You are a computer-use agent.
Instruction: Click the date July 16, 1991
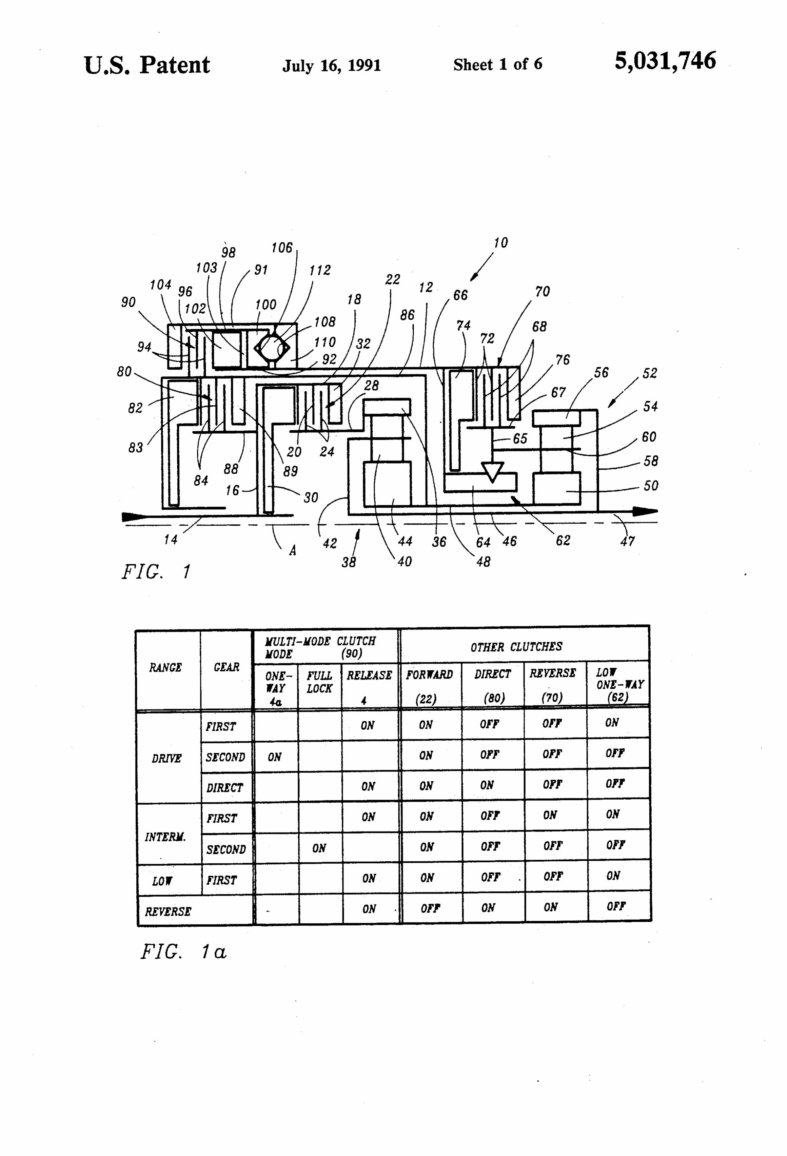click(x=331, y=65)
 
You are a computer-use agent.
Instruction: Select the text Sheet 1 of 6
click(x=497, y=64)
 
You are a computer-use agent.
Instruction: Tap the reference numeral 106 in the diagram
click(x=281, y=248)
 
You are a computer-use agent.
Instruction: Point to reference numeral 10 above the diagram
click(x=500, y=243)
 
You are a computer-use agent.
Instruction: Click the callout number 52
click(x=650, y=373)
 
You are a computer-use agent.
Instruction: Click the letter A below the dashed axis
click(x=293, y=550)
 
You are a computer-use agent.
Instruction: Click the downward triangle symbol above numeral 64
click(x=492, y=471)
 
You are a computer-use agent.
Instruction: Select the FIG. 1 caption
click(x=156, y=572)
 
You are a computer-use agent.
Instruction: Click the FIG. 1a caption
click(x=183, y=952)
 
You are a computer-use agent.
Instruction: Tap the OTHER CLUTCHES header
click(x=516, y=647)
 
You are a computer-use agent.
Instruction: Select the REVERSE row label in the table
click(x=168, y=911)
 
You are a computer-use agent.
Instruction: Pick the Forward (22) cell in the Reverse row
click(x=430, y=908)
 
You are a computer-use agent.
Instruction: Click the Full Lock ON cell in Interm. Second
click(x=319, y=848)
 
